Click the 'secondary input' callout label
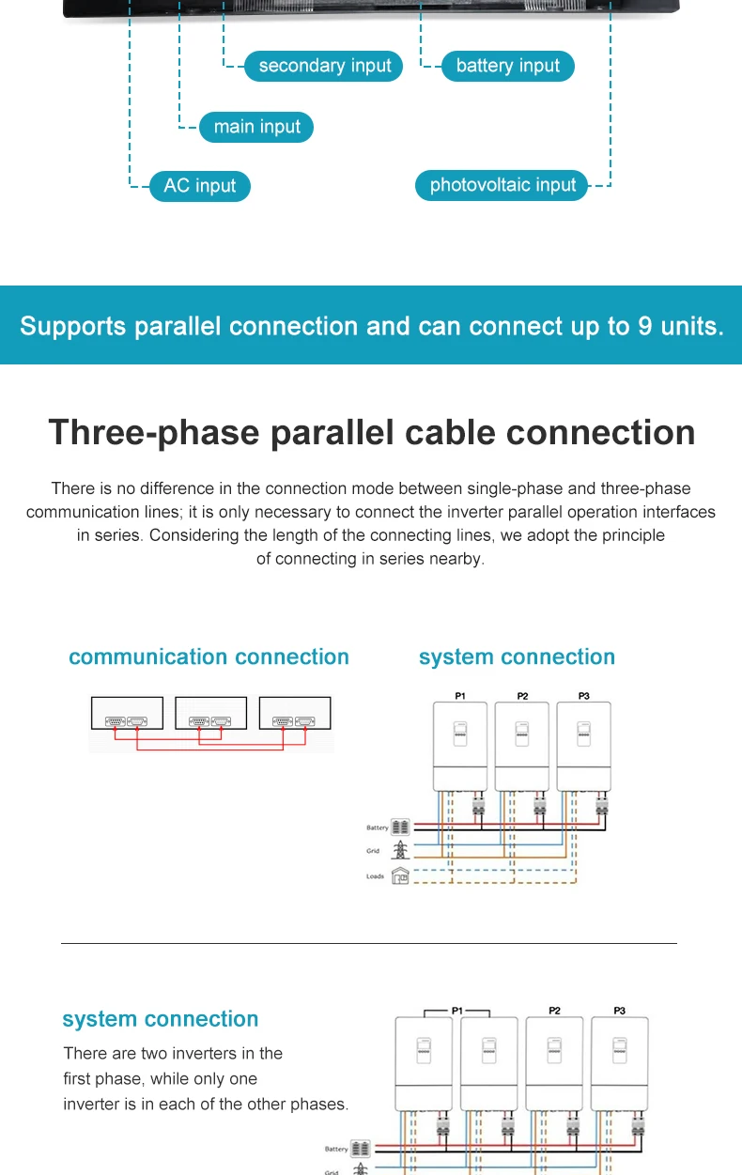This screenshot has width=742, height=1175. (324, 66)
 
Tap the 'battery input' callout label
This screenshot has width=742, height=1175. (507, 66)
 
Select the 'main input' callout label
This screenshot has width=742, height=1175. (256, 127)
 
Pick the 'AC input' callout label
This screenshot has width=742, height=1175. (200, 185)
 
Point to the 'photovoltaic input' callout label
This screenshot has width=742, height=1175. (502, 185)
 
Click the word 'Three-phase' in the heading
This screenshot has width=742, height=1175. (153, 432)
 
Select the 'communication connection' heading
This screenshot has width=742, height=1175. (209, 657)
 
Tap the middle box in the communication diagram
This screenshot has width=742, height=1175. (211, 713)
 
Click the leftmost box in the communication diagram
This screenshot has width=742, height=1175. (127, 713)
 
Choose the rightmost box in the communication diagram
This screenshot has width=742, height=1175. (295, 713)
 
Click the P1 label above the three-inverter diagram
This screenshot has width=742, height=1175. (460, 696)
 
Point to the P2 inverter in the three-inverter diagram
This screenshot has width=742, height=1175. (522, 747)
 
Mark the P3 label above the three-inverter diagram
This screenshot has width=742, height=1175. (584, 696)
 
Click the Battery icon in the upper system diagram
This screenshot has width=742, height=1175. (401, 827)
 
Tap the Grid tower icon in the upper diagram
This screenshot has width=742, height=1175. (401, 851)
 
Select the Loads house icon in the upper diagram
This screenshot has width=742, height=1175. (401, 875)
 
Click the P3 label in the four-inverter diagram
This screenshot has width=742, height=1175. (619, 1011)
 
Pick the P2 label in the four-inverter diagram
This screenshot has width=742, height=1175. (555, 1011)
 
